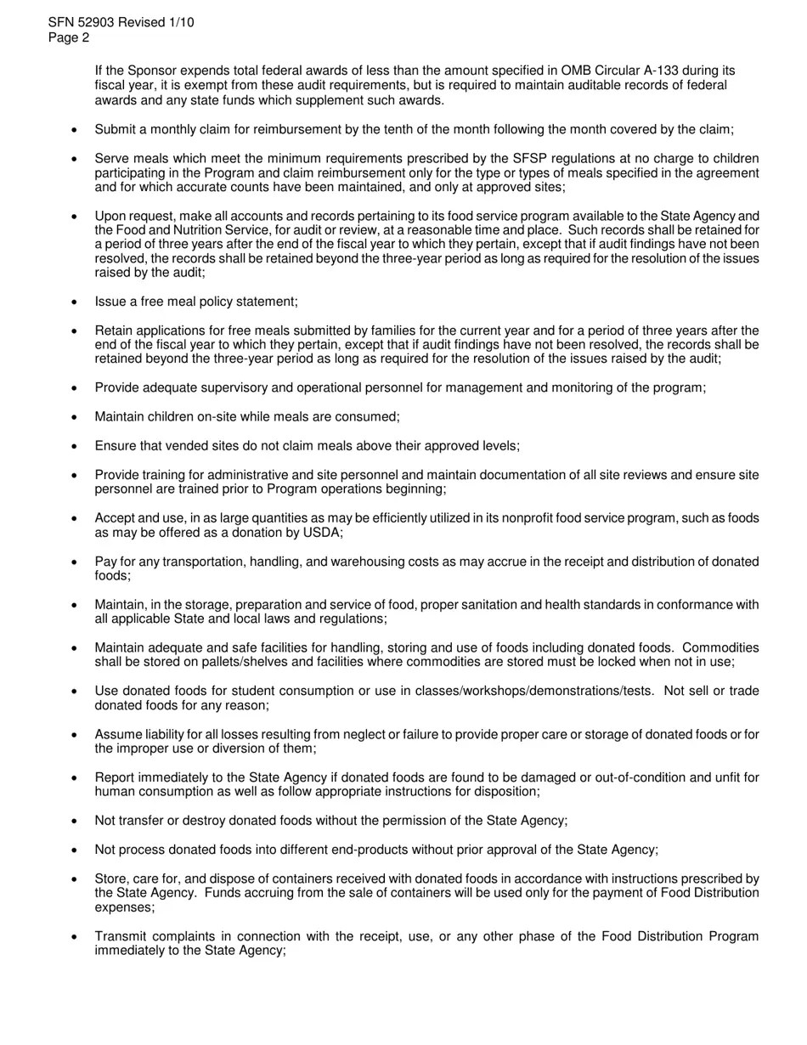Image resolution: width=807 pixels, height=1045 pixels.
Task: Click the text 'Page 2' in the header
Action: (69, 38)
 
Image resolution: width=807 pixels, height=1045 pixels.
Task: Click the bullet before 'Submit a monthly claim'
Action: (75, 130)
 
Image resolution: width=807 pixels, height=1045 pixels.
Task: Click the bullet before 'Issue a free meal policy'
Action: (75, 302)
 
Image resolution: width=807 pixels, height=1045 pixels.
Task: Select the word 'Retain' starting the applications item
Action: (114, 331)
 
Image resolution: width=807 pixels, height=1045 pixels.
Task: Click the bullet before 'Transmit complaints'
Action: (75, 937)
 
